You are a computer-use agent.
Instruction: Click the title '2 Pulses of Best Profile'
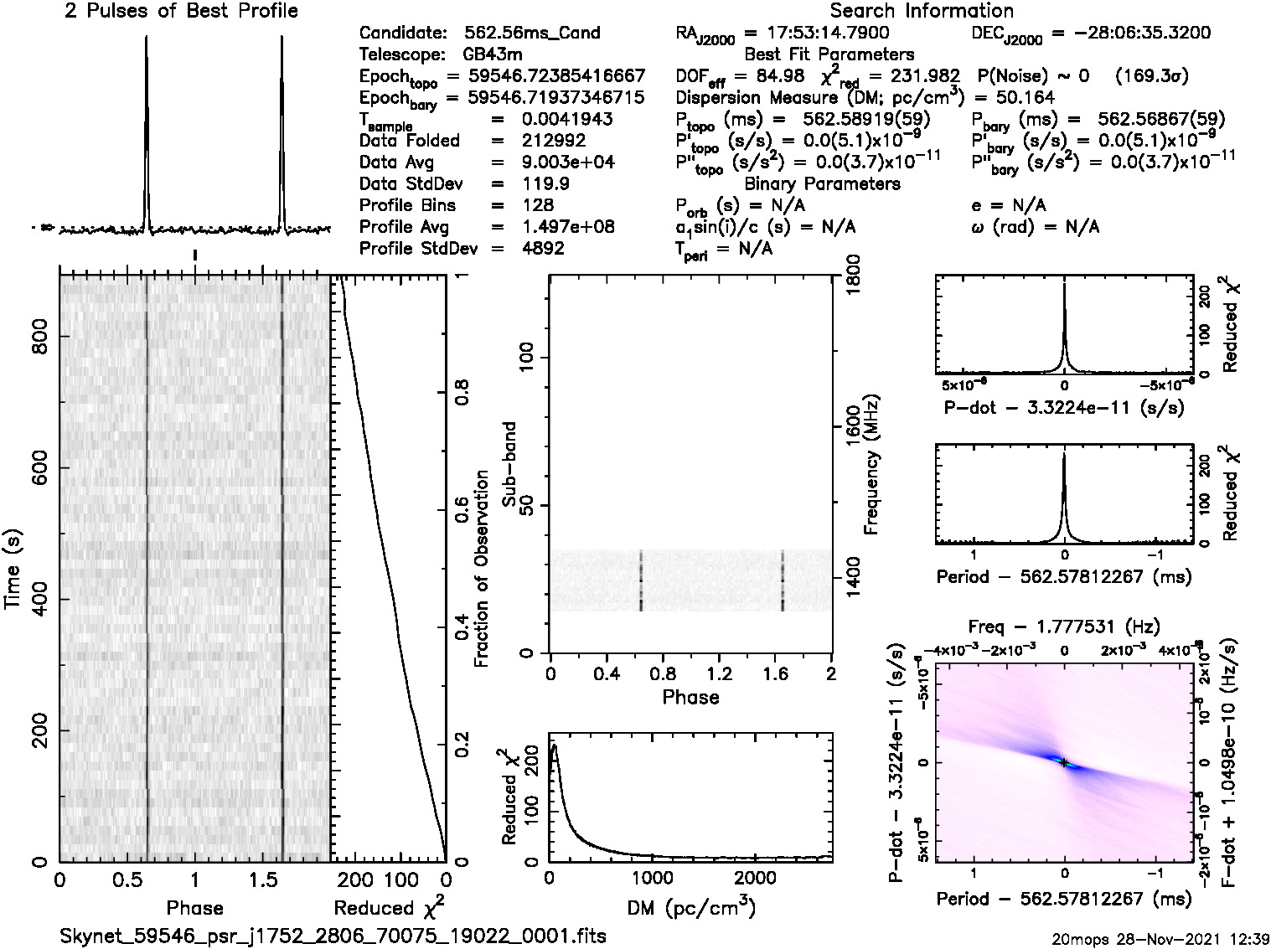click(181, 11)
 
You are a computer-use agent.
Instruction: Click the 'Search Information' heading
click(921, 11)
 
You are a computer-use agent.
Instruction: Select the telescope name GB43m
click(495, 54)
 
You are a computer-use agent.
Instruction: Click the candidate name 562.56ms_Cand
click(532, 33)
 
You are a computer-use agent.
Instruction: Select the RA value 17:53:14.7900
click(817, 33)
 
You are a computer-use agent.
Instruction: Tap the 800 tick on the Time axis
click(39, 336)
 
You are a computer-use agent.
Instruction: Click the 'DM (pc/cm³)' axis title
click(690, 908)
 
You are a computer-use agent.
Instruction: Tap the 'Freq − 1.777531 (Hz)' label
click(1064, 626)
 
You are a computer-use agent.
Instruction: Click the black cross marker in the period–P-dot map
click(1063, 762)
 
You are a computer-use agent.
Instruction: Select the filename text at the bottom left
click(333, 935)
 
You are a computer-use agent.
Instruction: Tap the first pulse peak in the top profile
click(147, 38)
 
